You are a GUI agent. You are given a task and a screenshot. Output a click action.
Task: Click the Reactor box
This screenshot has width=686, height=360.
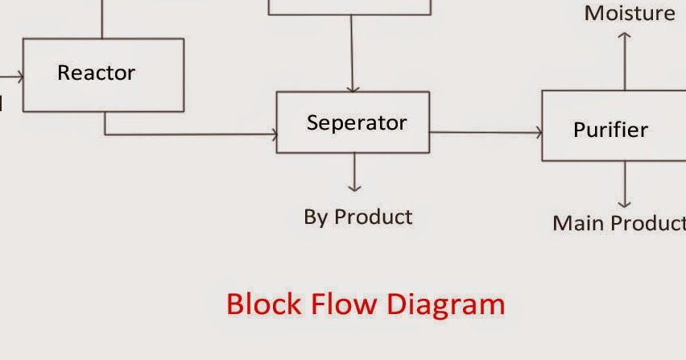103,75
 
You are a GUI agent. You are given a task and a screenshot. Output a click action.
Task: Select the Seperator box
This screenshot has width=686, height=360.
353,122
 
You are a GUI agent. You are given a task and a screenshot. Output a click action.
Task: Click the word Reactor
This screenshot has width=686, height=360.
96,72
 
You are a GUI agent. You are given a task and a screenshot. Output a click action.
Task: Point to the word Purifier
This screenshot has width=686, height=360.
610,130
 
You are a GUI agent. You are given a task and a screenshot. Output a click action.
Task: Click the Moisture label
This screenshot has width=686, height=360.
630,13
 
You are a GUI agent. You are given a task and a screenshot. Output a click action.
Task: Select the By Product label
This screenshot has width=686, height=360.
357,217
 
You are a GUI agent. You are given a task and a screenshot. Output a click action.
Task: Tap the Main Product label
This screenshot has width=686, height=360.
618,223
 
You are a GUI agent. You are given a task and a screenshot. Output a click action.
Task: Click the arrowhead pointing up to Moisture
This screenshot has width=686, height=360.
625,36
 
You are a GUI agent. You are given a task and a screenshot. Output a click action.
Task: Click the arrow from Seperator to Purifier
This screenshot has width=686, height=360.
485,133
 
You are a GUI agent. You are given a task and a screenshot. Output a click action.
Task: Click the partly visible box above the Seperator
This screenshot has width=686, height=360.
349,7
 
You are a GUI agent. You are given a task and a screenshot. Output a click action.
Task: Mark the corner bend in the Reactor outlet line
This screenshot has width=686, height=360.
105,134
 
